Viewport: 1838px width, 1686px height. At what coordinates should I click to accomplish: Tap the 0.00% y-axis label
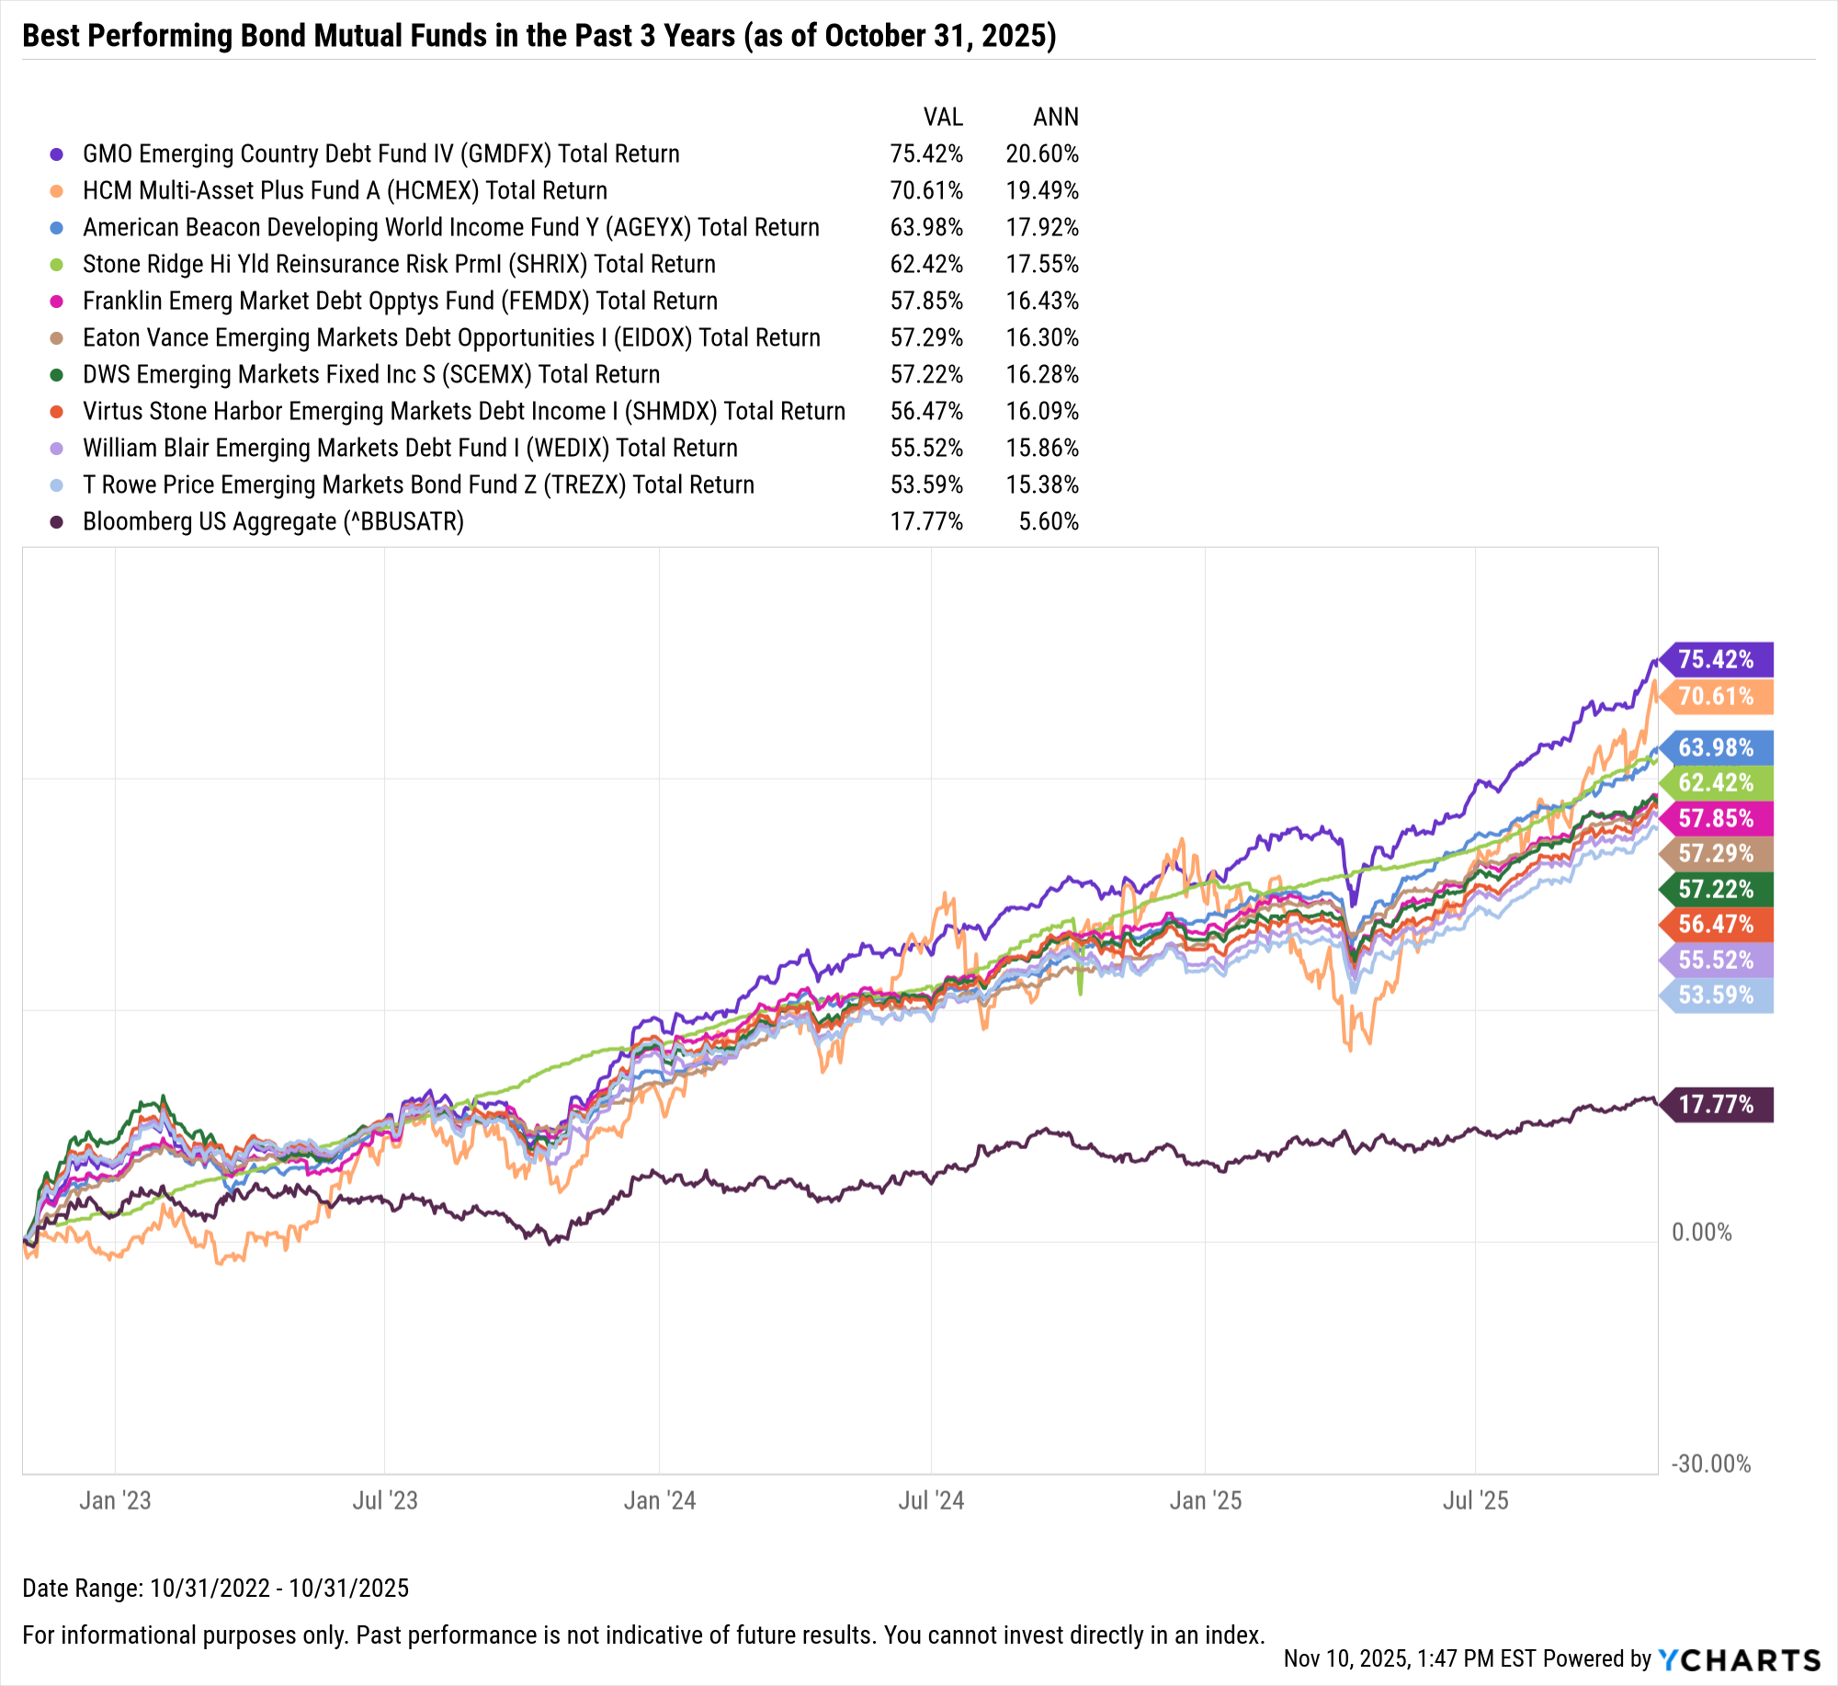tap(1701, 1232)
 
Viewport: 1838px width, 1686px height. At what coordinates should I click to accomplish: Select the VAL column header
tap(943, 117)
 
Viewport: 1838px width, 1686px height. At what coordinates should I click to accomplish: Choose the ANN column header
tap(1055, 117)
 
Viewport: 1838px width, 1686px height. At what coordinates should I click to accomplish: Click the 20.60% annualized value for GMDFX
tap(1041, 154)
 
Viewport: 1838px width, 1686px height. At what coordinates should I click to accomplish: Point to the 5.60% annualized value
tap(1048, 521)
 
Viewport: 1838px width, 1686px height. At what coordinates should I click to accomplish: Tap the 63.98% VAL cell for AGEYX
tap(926, 227)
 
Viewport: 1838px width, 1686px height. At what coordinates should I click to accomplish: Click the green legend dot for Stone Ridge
tap(57, 265)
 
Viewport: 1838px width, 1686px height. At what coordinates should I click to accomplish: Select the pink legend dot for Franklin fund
tap(57, 302)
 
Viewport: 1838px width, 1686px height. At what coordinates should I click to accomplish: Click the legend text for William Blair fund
tap(410, 448)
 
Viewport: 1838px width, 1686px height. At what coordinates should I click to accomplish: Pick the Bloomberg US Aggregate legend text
tap(273, 521)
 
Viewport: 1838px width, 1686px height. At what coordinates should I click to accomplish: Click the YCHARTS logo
tap(1739, 1659)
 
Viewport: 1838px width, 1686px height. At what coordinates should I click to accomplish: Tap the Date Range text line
tap(215, 1588)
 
